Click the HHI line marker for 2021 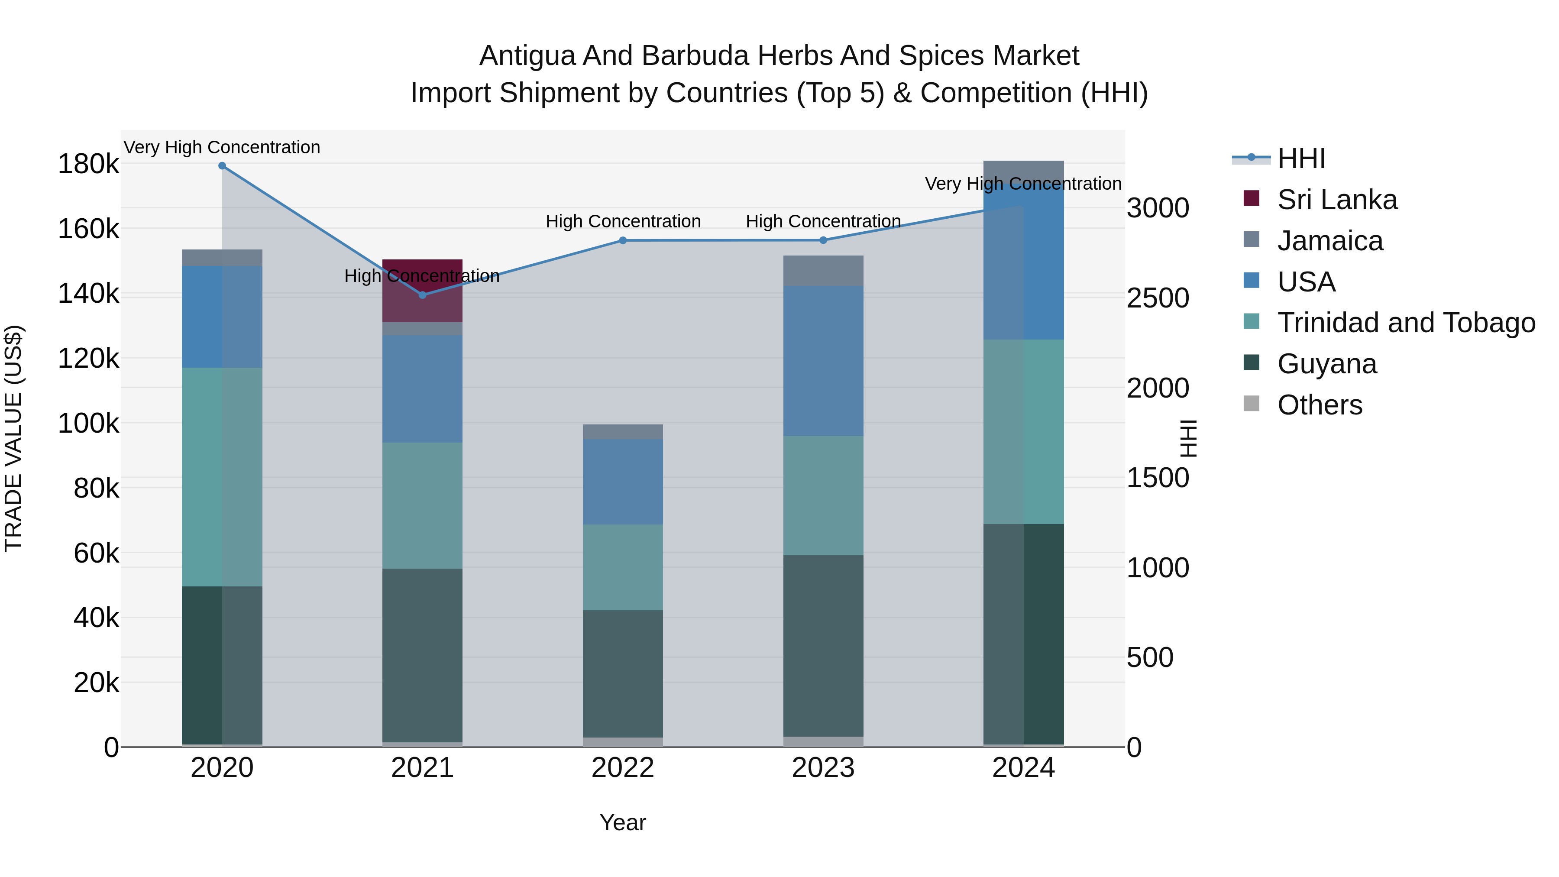pos(422,295)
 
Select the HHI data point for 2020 pos(222,166)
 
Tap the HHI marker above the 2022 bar pos(623,240)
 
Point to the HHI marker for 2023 pos(823,240)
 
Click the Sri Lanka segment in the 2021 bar pos(422,291)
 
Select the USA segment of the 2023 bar pos(823,361)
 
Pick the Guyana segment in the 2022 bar pos(623,673)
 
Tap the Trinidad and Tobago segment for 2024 pos(1023,431)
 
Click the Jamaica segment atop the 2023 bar pos(823,271)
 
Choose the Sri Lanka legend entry pos(1337,200)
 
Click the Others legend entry pos(1320,405)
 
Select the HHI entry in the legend pos(1301,159)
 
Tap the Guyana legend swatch pos(1251,363)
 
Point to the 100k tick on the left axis pos(88,424)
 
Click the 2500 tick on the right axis pos(1158,298)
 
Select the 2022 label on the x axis pos(623,768)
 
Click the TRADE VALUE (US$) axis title pos(14,438)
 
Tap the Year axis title pos(623,822)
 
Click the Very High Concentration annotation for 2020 pos(222,148)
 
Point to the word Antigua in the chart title pos(527,56)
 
